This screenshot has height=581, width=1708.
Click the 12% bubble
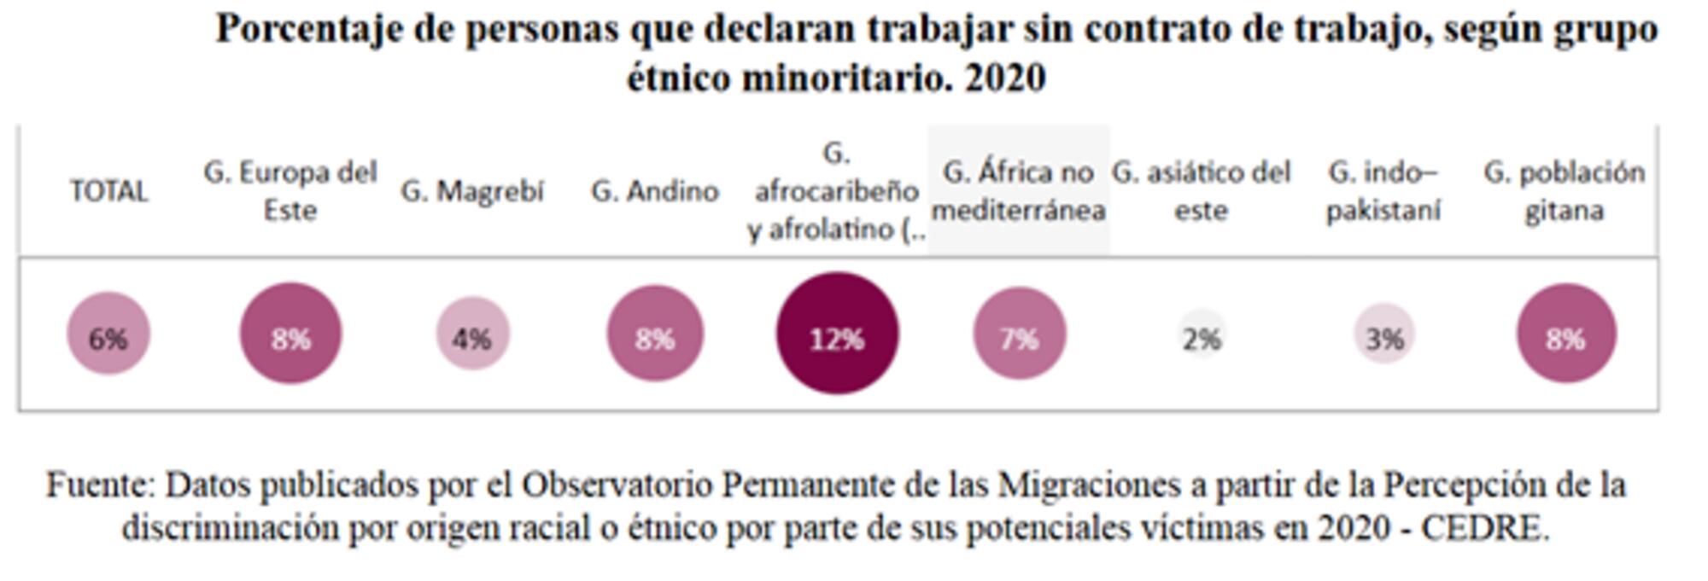pyautogui.click(x=837, y=334)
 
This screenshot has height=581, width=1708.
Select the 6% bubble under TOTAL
pyautogui.click(x=108, y=334)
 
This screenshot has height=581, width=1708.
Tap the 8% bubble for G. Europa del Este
pyautogui.click(x=290, y=334)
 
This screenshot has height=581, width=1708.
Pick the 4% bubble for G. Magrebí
pyautogui.click(x=473, y=334)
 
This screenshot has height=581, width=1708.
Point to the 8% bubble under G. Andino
pyautogui.click(x=655, y=334)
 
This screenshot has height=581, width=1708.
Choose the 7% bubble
pyautogui.click(x=1020, y=334)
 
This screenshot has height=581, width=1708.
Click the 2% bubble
pyautogui.click(x=1202, y=336)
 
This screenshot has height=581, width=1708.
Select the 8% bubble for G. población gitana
pyautogui.click(x=1566, y=334)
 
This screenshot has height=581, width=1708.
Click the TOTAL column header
pyautogui.click(x=108, y=191)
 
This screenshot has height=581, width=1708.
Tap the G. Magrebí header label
pyautogui.click(x=472, y=191)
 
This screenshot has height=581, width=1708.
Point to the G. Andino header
pyautogui.click(x=655, y=191)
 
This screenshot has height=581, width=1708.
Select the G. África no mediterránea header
pyautogui.click(x=1019, y=191)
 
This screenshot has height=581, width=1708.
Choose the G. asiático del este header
pyautogui.click(x=1201, y=191)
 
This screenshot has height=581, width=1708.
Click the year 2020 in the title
pyautogui.click(x=1005, y=78)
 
